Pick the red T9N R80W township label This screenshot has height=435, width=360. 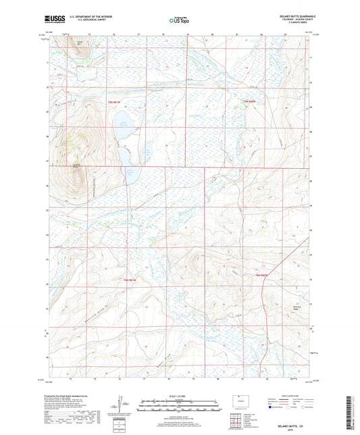(x=250, y=101)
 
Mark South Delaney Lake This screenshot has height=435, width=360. (x=130, y=176)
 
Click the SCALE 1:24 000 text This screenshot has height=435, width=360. (x=180, y=395)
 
